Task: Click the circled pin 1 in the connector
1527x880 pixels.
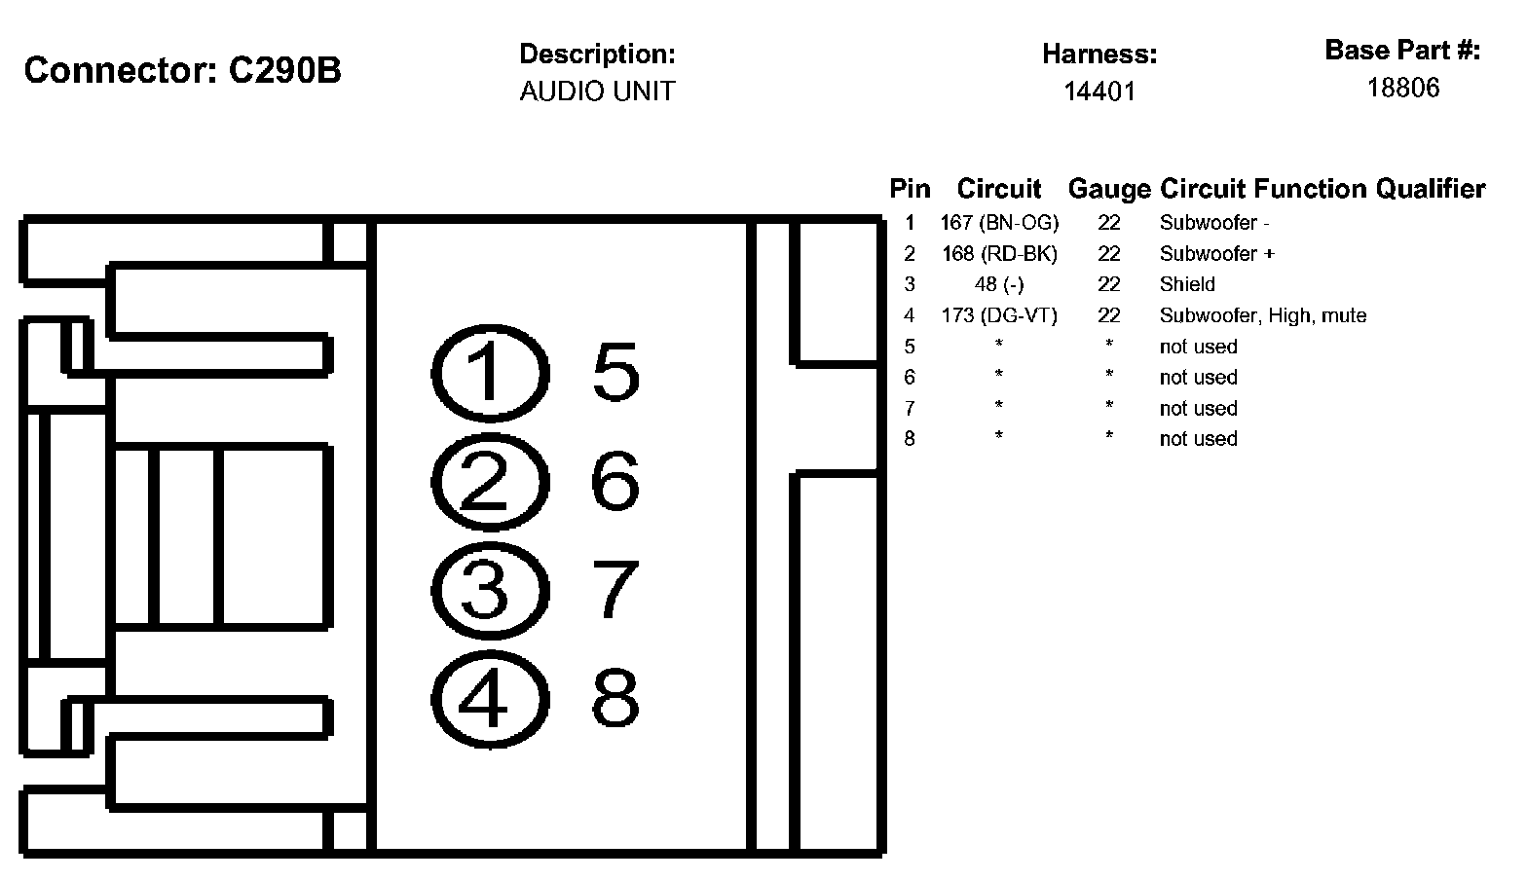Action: pos(485,375)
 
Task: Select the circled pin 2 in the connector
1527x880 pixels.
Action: pos(485,483)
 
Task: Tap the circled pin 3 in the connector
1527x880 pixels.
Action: pos(485,590)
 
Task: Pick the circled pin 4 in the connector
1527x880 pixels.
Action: pos(485,698)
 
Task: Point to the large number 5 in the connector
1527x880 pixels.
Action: pos(615,373)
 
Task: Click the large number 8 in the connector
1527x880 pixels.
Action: pos(615,697)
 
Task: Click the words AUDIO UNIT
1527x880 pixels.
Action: pos(597,92)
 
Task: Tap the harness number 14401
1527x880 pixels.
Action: pos(1099,92)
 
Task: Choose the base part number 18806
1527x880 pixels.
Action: pos(1402,89)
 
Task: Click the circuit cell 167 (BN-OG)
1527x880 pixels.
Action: pos(999,223)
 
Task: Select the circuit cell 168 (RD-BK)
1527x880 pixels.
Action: pos(999,254)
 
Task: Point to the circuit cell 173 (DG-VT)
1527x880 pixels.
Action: pos(999,315)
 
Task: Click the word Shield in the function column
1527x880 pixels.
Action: pos(1187,284)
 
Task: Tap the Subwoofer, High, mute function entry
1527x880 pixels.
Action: pos(1262,315)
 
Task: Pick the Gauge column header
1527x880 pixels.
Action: pos(1109,189)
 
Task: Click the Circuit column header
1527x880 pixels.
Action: pos(999,189)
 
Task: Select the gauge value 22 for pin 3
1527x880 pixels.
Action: pos(1109,284)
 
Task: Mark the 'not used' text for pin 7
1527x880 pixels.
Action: pos(1198,408)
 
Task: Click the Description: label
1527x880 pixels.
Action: pos(597,54)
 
